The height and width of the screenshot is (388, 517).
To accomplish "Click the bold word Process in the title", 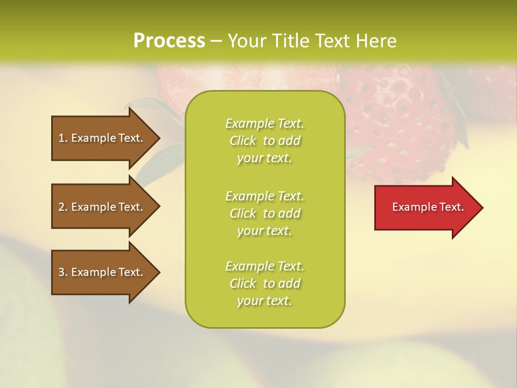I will pos(169,41).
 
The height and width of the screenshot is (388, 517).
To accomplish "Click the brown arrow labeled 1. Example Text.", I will pos(102,138).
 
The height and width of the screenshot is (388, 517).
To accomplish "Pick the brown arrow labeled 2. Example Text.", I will pos(102,207).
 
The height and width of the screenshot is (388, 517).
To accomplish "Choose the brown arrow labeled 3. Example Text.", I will pos(102,272).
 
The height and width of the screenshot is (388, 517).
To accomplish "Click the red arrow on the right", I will pos(425,207).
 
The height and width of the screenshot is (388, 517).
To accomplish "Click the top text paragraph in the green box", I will pos(264,141).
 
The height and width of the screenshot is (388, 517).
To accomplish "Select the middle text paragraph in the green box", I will pos(264,213).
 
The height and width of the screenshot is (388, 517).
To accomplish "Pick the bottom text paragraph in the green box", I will pos(264,283).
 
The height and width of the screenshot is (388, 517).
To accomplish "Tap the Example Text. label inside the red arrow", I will pos(428,207).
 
